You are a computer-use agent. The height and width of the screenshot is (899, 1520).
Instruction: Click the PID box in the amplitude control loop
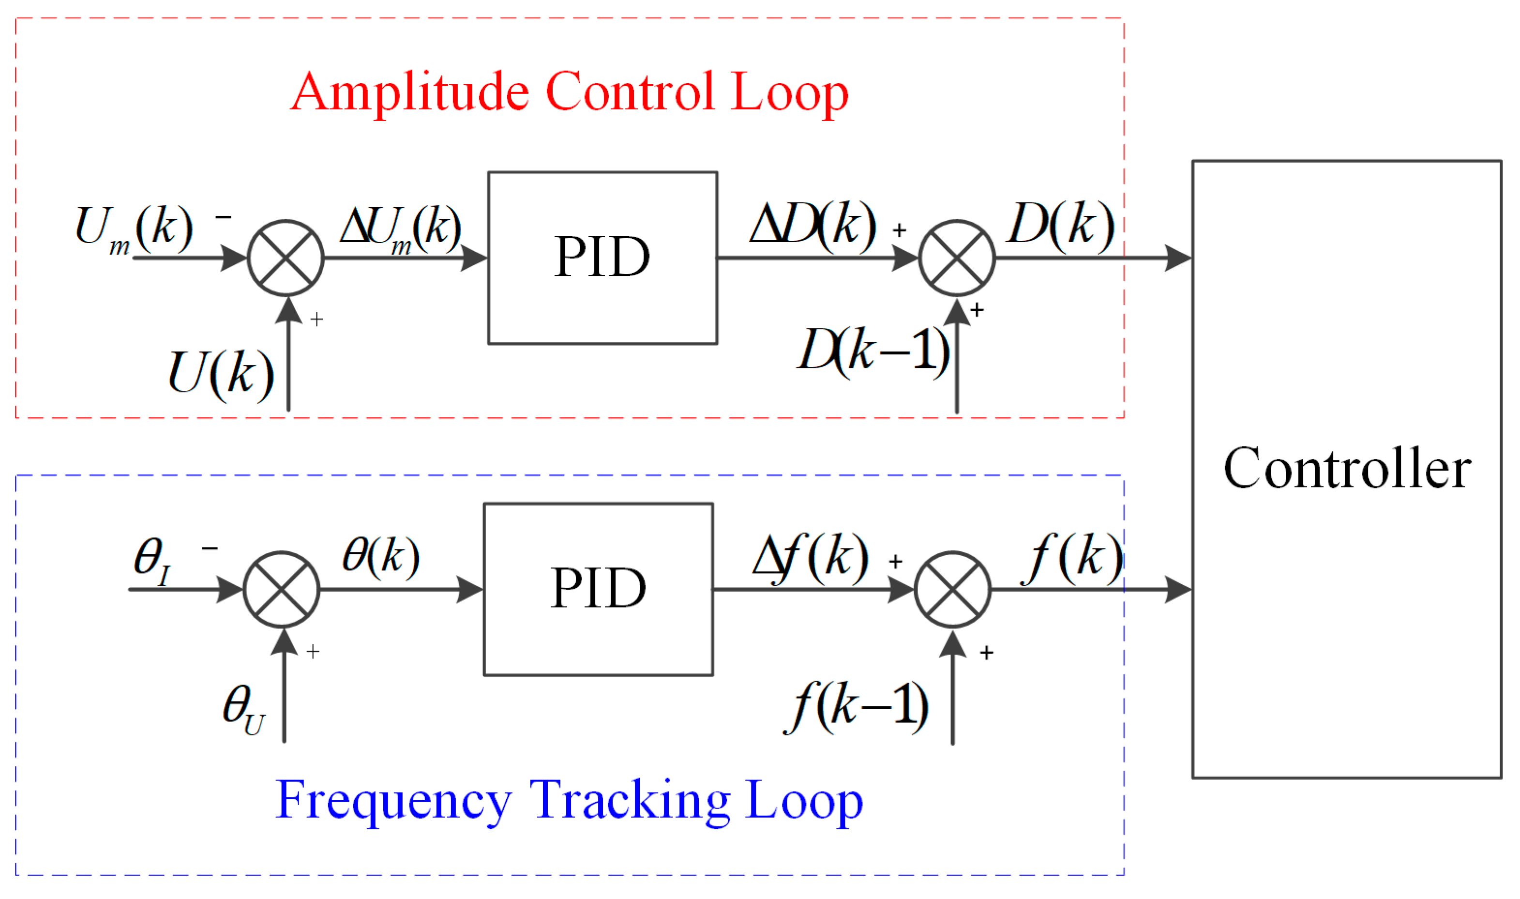click(602, 258)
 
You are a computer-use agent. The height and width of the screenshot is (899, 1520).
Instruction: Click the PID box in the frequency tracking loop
click(598, 589)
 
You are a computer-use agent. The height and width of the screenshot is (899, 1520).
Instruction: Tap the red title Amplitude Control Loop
click(569, 92)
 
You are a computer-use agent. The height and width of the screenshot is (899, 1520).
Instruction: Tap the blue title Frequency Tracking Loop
click(569, 800)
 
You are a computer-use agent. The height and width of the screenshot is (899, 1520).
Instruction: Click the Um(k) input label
click(133, 229)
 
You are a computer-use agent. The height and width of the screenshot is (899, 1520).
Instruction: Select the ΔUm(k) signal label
click(400, 229)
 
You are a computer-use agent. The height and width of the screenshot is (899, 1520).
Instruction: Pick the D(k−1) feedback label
click(873, 350)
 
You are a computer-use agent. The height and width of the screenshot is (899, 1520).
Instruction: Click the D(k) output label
click(1060, 224)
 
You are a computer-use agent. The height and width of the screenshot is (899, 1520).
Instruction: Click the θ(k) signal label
click(380, 556)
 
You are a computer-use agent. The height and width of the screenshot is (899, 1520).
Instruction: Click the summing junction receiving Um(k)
click(285, 258)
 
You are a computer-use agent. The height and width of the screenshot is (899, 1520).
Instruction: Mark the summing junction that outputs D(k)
click(956, 258)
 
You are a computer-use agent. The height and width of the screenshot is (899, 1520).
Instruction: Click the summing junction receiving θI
click(281, 589)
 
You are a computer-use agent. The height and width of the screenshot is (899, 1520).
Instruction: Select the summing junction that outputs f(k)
click(952, 589)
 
